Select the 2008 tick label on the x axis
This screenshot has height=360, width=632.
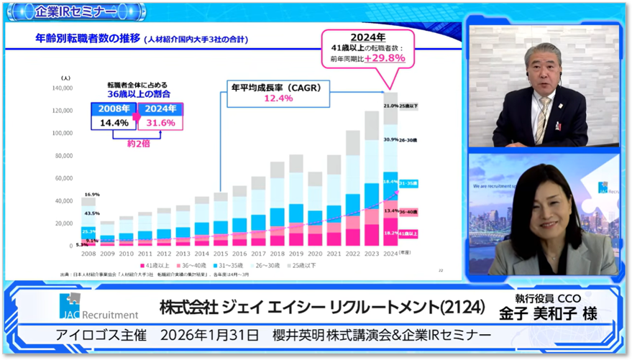tap(88, 253)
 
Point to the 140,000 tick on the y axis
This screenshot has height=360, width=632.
tap(63, 88)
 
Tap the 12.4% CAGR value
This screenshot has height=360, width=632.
tap(278, 98)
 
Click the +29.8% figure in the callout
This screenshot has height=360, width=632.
tap(390, 58)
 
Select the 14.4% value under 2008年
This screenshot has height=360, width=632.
tap(114, 122)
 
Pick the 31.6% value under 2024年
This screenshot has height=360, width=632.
tap(160, 122)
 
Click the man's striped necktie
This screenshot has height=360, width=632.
tap(541, 119)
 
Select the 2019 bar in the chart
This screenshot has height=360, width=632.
tap(296, 200)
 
